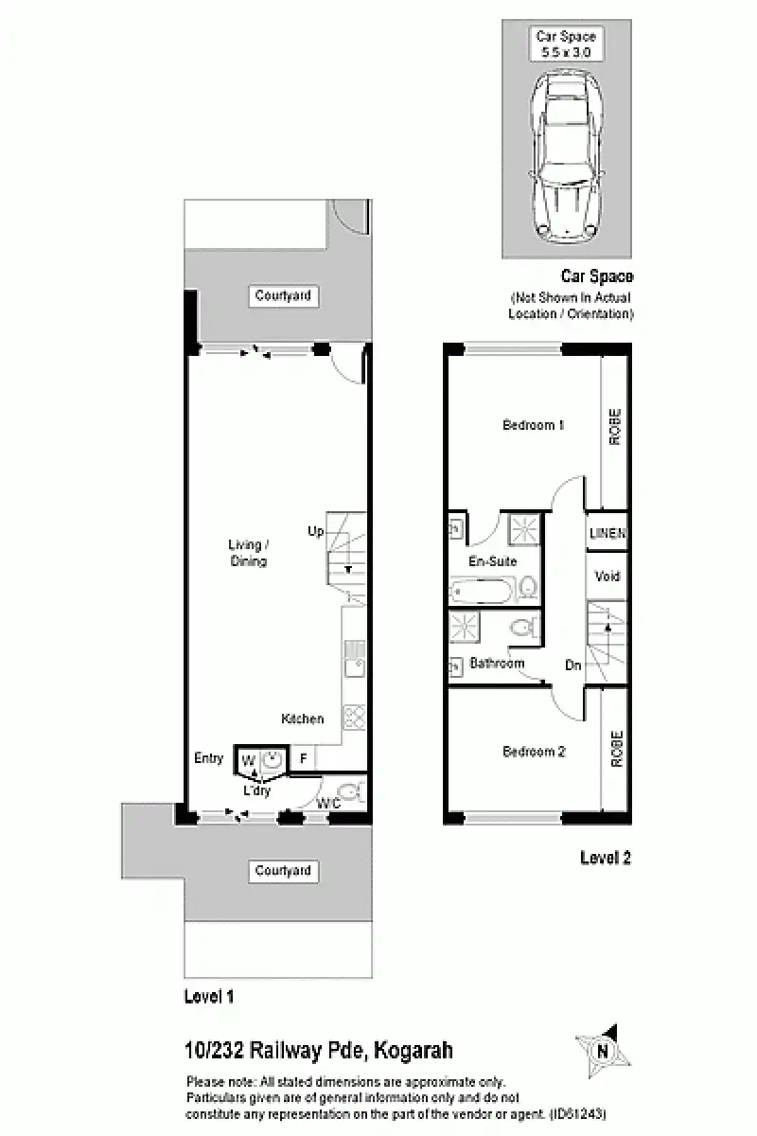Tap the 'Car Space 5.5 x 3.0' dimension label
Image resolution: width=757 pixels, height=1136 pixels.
point(566,44)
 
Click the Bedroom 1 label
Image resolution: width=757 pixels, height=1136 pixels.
point(533,425)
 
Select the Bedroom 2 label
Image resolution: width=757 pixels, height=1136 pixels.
point(533,752)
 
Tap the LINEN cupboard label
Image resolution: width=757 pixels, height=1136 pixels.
point(607,534)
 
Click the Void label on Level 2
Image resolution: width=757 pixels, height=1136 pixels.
point(607,576)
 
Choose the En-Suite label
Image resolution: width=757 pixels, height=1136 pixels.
point(493,561)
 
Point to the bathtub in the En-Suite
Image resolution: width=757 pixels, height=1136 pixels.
point(482,592)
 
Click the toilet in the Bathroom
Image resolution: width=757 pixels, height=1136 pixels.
point(522,626)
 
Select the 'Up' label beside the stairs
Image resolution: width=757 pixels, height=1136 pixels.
point(315,531)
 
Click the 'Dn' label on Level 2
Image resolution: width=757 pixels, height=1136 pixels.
point(573,666)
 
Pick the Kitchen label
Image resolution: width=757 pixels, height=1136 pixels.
point(302,719)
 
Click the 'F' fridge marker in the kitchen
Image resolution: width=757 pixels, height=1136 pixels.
point(303,758)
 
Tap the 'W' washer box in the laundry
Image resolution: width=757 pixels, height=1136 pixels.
point(247,760)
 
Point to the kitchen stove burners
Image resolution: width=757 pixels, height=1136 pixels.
point(354,717)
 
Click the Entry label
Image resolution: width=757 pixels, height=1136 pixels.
point(208,758)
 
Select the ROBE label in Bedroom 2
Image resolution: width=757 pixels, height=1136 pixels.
point(616,748)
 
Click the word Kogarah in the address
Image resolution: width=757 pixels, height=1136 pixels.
point(414,1050)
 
